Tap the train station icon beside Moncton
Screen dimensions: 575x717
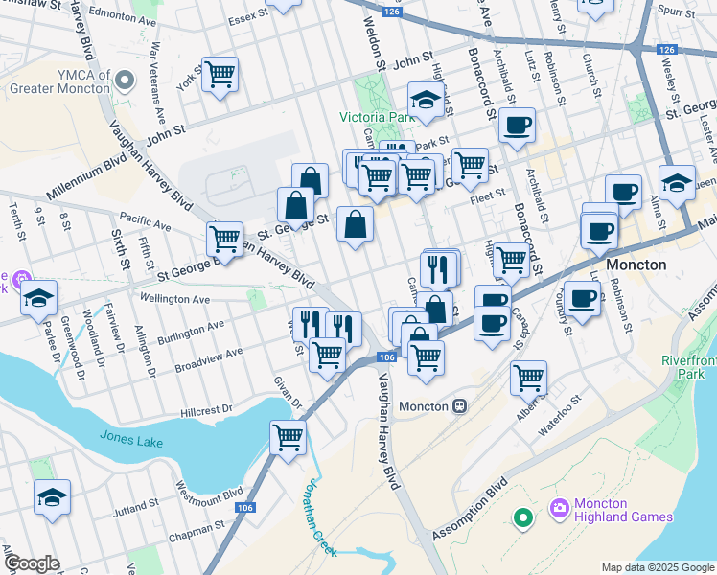[x=460, y=406]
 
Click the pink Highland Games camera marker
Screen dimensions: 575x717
[x=558, y=506]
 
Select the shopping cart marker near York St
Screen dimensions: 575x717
[x=220, y=74]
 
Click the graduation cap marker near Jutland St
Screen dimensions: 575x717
[x=53, y=497]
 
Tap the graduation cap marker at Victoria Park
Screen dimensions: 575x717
[x=426, y=99]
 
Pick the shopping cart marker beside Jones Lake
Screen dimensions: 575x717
[x=289, y=438]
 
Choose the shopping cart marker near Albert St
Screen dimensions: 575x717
[x=529, y=378]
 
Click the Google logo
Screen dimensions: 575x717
[x=33, y=563]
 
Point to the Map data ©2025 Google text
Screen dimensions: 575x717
[x=659, y=567]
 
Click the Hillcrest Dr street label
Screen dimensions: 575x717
[x=206, y=410]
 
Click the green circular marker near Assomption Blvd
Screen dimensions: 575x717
[x=522, y=519]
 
